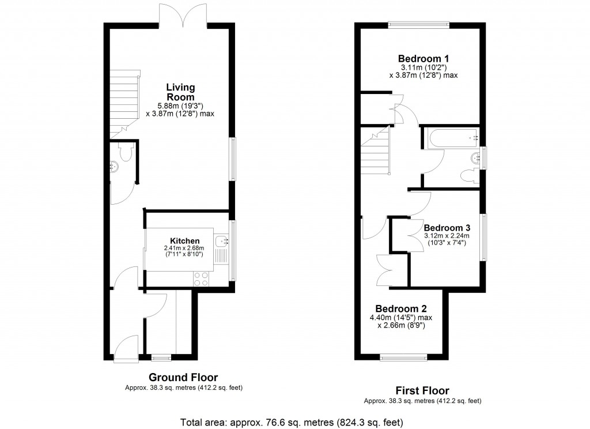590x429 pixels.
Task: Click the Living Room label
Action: click(x=180, y=92)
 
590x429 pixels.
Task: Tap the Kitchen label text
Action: click(x=184, y=241)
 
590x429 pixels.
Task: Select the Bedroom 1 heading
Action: click(x=423, y=59)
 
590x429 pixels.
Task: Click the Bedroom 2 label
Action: click(x=400, y=308)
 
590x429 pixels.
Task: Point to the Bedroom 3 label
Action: click(x=447, y=227)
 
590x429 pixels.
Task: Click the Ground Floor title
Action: click(x=183, y=378)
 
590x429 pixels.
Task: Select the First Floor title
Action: click(x=422, y=390)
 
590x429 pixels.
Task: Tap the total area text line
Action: click(x=292, y=422)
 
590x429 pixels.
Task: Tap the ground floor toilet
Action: click(x=123, y=152)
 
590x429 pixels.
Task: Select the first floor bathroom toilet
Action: click(x=468, y=175)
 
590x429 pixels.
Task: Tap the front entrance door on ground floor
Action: click(x=126, y=349)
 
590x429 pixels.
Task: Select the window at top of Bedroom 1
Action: click(x=418, y=24)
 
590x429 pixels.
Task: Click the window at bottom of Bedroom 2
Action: click(x=403, y=357)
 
